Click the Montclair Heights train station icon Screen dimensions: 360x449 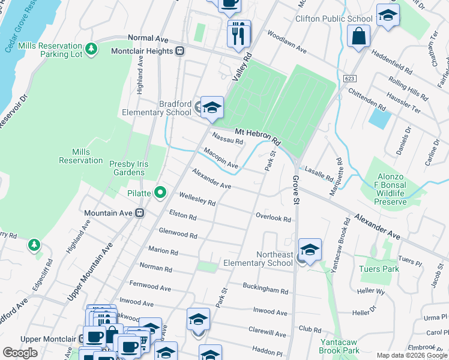click(179, 51)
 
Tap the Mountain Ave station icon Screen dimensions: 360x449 click(139, 213)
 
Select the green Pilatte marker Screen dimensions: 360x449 click(160, 193)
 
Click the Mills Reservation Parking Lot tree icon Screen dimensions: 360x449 click(92, 49)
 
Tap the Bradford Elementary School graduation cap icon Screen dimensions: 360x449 click(212, 107)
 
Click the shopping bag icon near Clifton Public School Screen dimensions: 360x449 click(358, 36)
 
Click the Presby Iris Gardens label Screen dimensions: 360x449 click(127, 167)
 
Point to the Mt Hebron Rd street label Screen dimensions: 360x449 click(258, 136)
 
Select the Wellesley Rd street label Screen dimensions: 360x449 click(197, 199)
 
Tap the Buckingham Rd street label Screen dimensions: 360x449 click(265, 289)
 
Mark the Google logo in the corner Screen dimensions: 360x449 click(20, 353)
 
